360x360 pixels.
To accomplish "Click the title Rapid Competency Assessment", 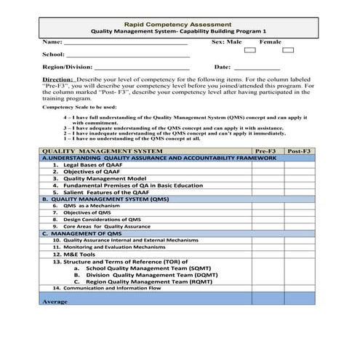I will pos(179,23).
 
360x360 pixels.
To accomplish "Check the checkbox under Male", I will pos(249,51).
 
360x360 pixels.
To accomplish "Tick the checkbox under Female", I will pos(287,51).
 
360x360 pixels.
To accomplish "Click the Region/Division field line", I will pos(142,68).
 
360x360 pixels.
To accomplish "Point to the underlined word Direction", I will pos(57,79).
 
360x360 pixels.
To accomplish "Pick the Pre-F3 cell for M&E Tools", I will pos(267,255).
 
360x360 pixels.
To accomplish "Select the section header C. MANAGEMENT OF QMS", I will pos(81,233).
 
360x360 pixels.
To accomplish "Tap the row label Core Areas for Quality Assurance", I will pos(101,226).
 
